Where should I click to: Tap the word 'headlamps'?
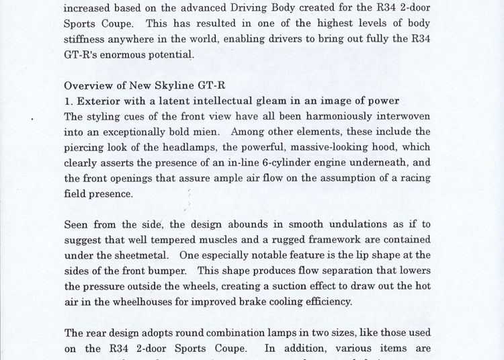point(183,147)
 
